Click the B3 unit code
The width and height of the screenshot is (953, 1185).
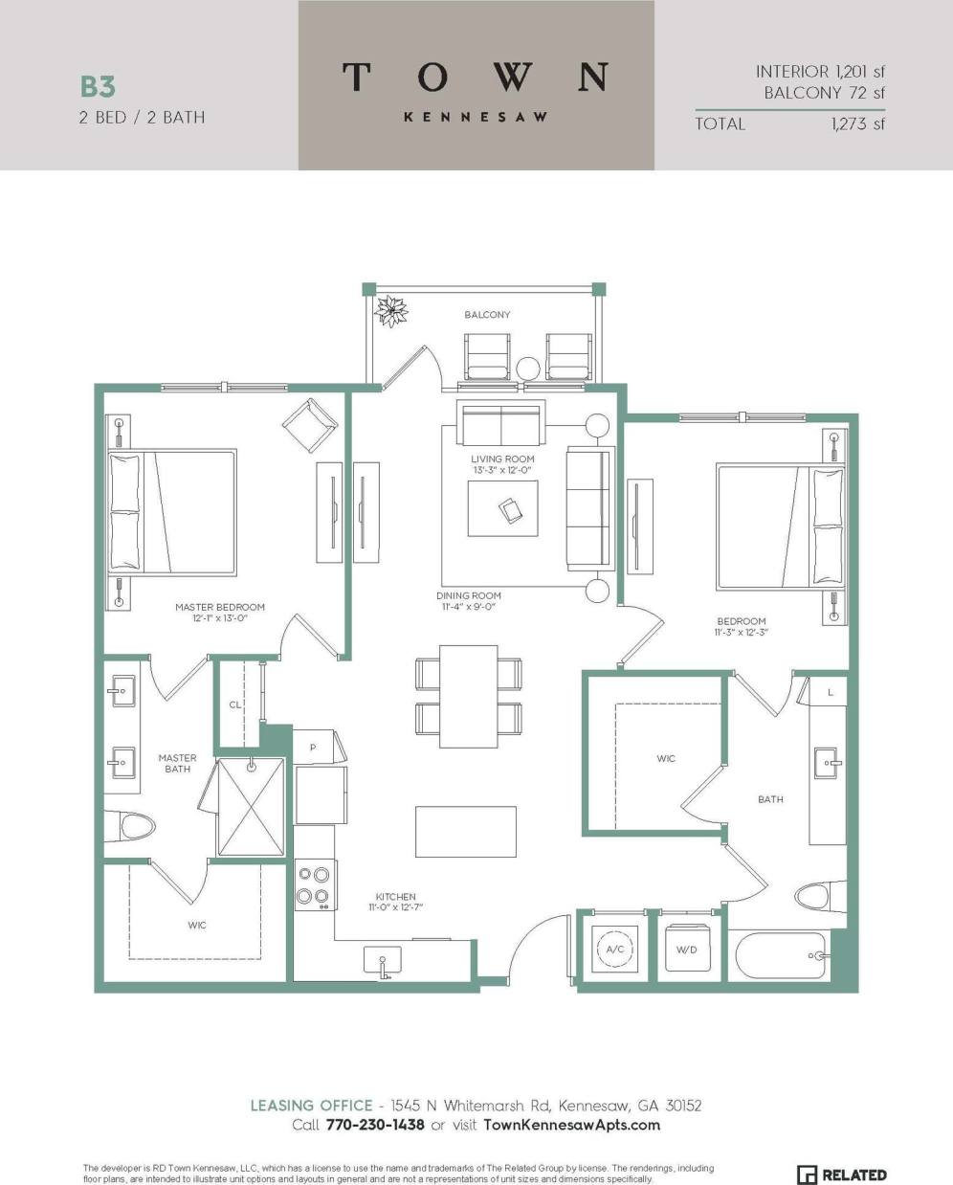98,87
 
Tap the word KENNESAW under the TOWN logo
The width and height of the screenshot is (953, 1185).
476,117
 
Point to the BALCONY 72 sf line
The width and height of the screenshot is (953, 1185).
824,93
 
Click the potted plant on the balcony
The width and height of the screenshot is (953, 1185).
391,311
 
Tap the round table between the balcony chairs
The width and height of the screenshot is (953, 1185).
528,369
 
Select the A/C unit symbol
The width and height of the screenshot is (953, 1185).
614,950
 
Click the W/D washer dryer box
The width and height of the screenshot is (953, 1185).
686,950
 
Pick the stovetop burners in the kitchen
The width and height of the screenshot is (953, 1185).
313,884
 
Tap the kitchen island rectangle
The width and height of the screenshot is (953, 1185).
466,831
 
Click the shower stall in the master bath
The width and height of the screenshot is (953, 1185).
251,807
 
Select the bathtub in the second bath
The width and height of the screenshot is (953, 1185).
780,955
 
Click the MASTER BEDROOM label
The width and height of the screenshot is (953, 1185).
220,607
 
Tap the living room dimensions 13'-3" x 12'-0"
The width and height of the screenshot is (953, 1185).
502,471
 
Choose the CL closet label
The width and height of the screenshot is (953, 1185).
235,704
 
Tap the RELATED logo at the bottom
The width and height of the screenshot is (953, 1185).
842,1174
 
